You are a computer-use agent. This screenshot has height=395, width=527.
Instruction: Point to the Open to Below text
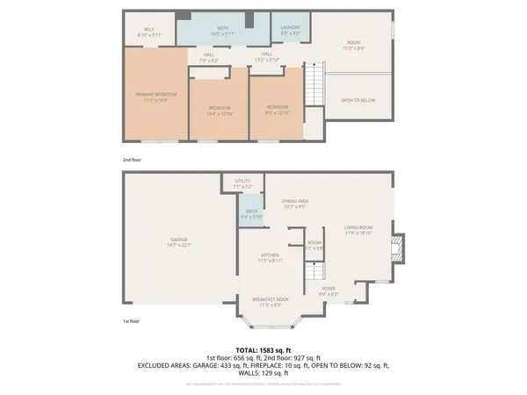tap(357, 100)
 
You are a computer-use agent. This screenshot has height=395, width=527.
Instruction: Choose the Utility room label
tap(243, 183)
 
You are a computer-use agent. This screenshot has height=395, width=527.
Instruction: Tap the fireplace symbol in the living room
tap(400, 247)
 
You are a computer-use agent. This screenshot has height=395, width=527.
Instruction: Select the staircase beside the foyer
tap(313, 274)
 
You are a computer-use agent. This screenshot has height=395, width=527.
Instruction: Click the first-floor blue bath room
tap(252, 214)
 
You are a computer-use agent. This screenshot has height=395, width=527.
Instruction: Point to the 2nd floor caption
tap(132, 160)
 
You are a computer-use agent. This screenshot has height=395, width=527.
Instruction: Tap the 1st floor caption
tap(132, 322)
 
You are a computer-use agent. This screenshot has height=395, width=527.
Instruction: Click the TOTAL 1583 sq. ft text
tap(263, 349)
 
